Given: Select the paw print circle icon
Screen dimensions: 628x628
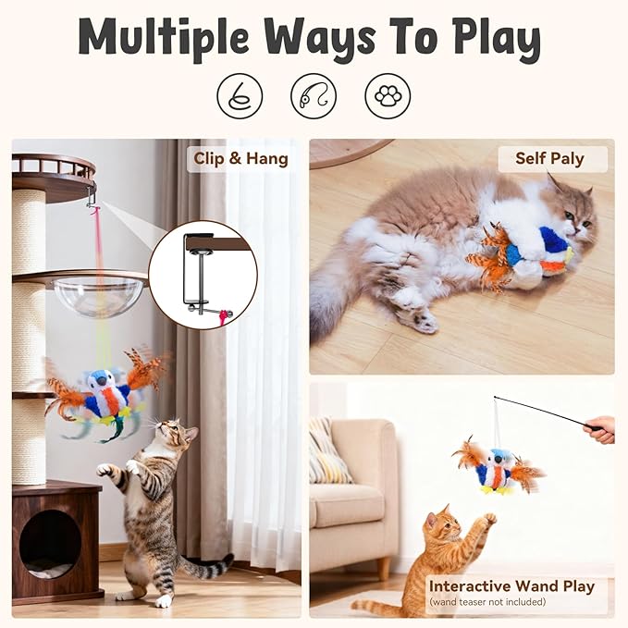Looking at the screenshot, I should [387, 95].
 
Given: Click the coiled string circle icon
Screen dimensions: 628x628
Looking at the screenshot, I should [240, 95].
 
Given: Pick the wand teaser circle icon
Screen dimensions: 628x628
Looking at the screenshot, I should [314, 95].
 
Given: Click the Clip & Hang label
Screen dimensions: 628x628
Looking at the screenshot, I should [240, 158].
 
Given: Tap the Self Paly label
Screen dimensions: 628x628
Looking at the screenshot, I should [549, 158].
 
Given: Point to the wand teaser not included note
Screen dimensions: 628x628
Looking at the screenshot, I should [487, 602].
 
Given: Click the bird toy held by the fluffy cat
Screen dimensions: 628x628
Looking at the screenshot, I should [532, 251].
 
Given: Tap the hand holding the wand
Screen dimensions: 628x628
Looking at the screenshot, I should [600, 428].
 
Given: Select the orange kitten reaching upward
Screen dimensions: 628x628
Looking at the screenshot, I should [444, 555].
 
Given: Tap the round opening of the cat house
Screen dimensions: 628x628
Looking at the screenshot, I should [49, 542].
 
